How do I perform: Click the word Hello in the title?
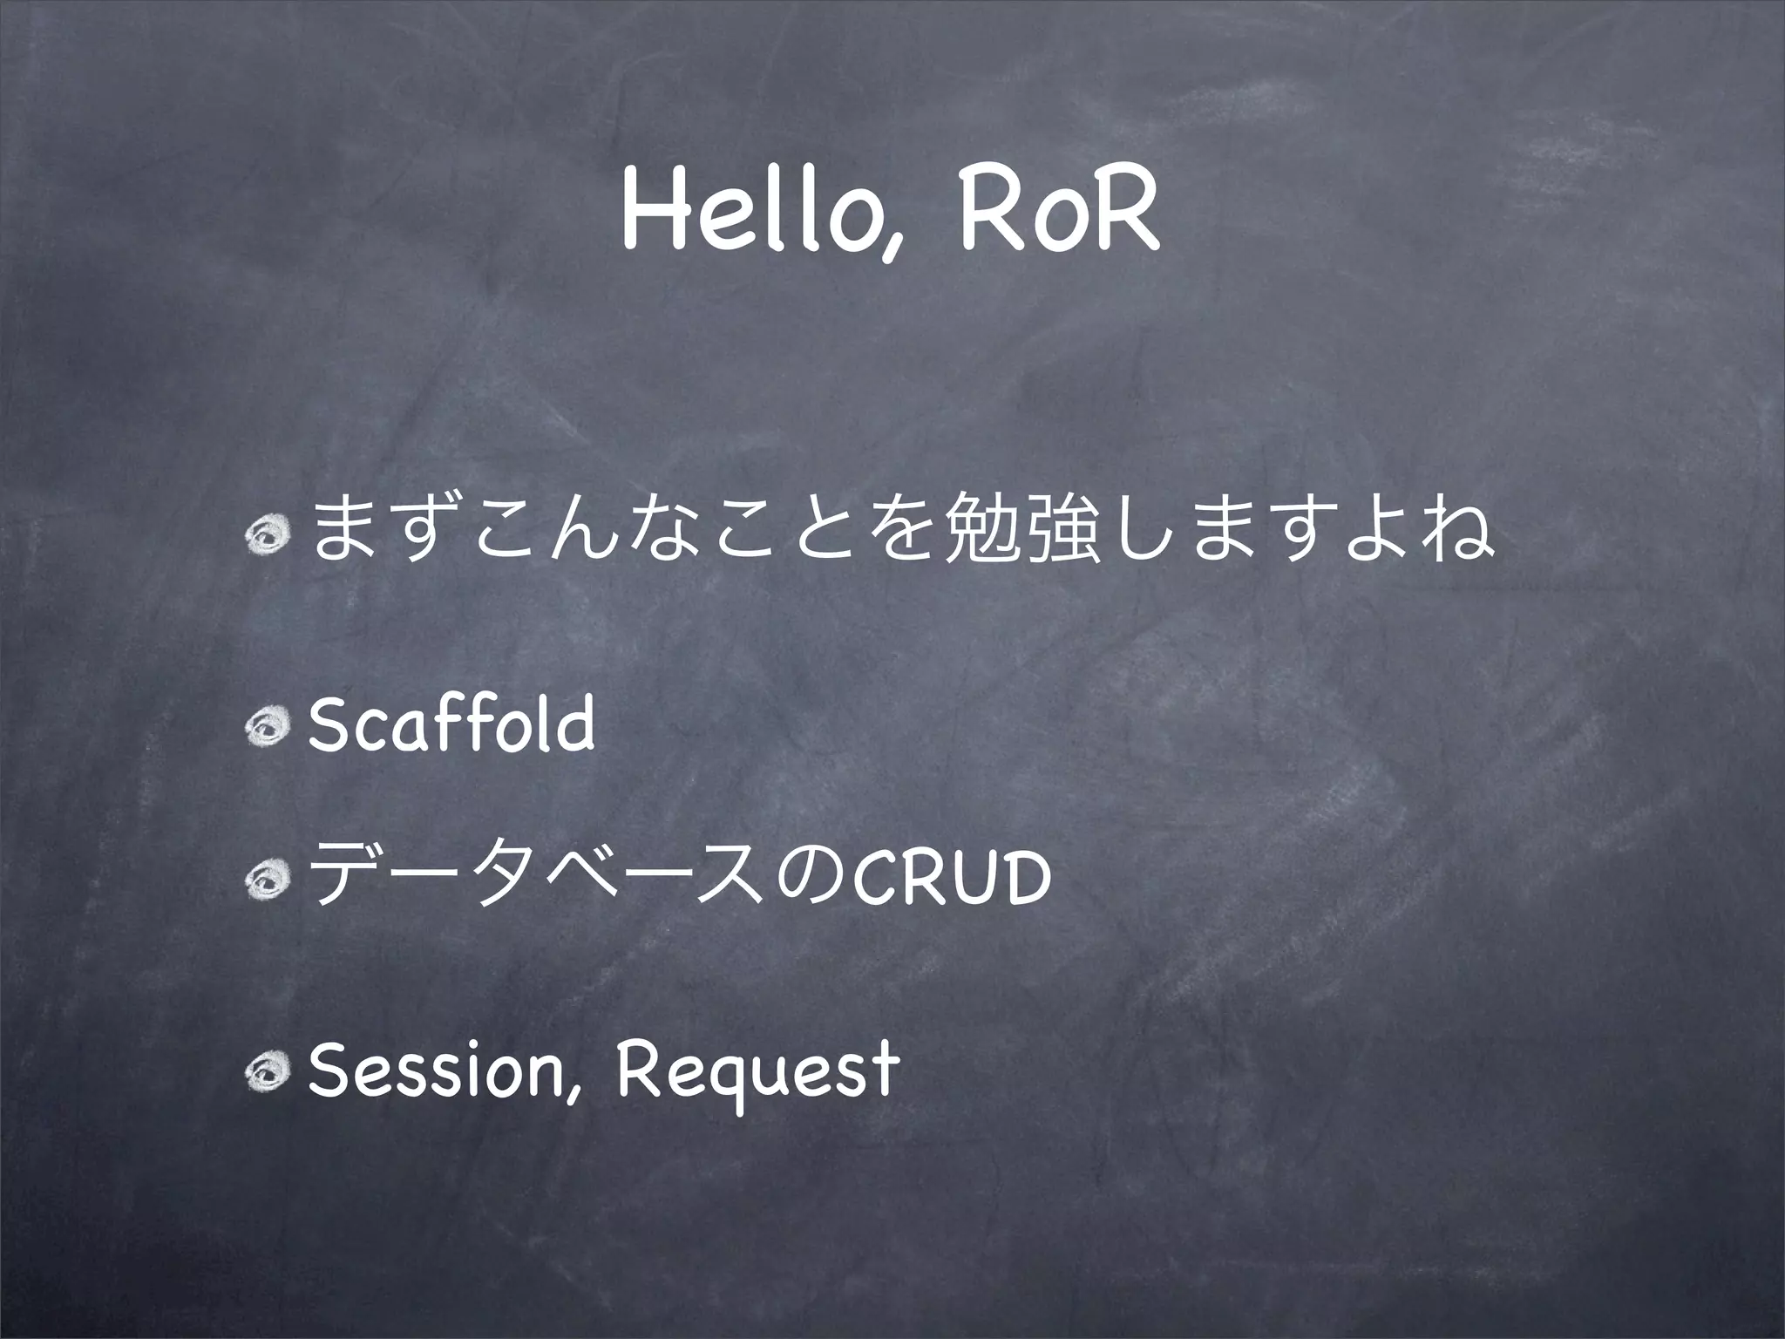pyautogui.click(x=750, y=218)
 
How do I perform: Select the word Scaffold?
pyautogui.click(x=451, y=723)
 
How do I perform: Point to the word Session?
pyautogui.click(x=436, y=1071)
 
